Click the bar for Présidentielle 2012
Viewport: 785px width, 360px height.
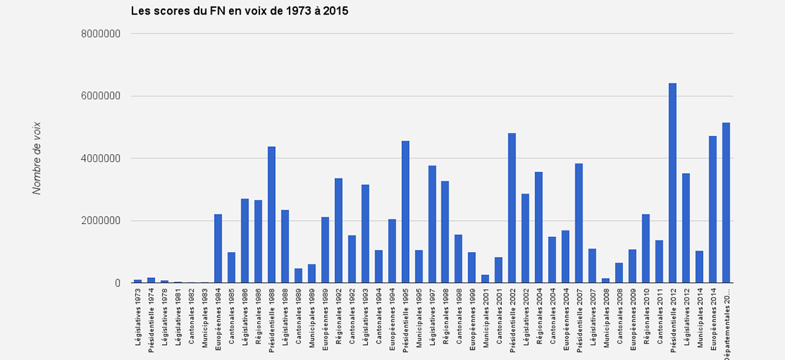point(673,183)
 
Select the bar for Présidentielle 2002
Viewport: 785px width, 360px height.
point(512,208)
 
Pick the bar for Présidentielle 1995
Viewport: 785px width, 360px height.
point(405,212)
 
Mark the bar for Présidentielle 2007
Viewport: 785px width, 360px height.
point(579,223)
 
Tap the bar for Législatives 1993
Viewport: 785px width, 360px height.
point(365,234)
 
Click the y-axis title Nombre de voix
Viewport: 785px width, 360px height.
point(37,158)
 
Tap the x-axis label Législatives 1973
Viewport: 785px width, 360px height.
point(138,317)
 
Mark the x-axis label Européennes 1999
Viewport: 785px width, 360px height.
point(472,318)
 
